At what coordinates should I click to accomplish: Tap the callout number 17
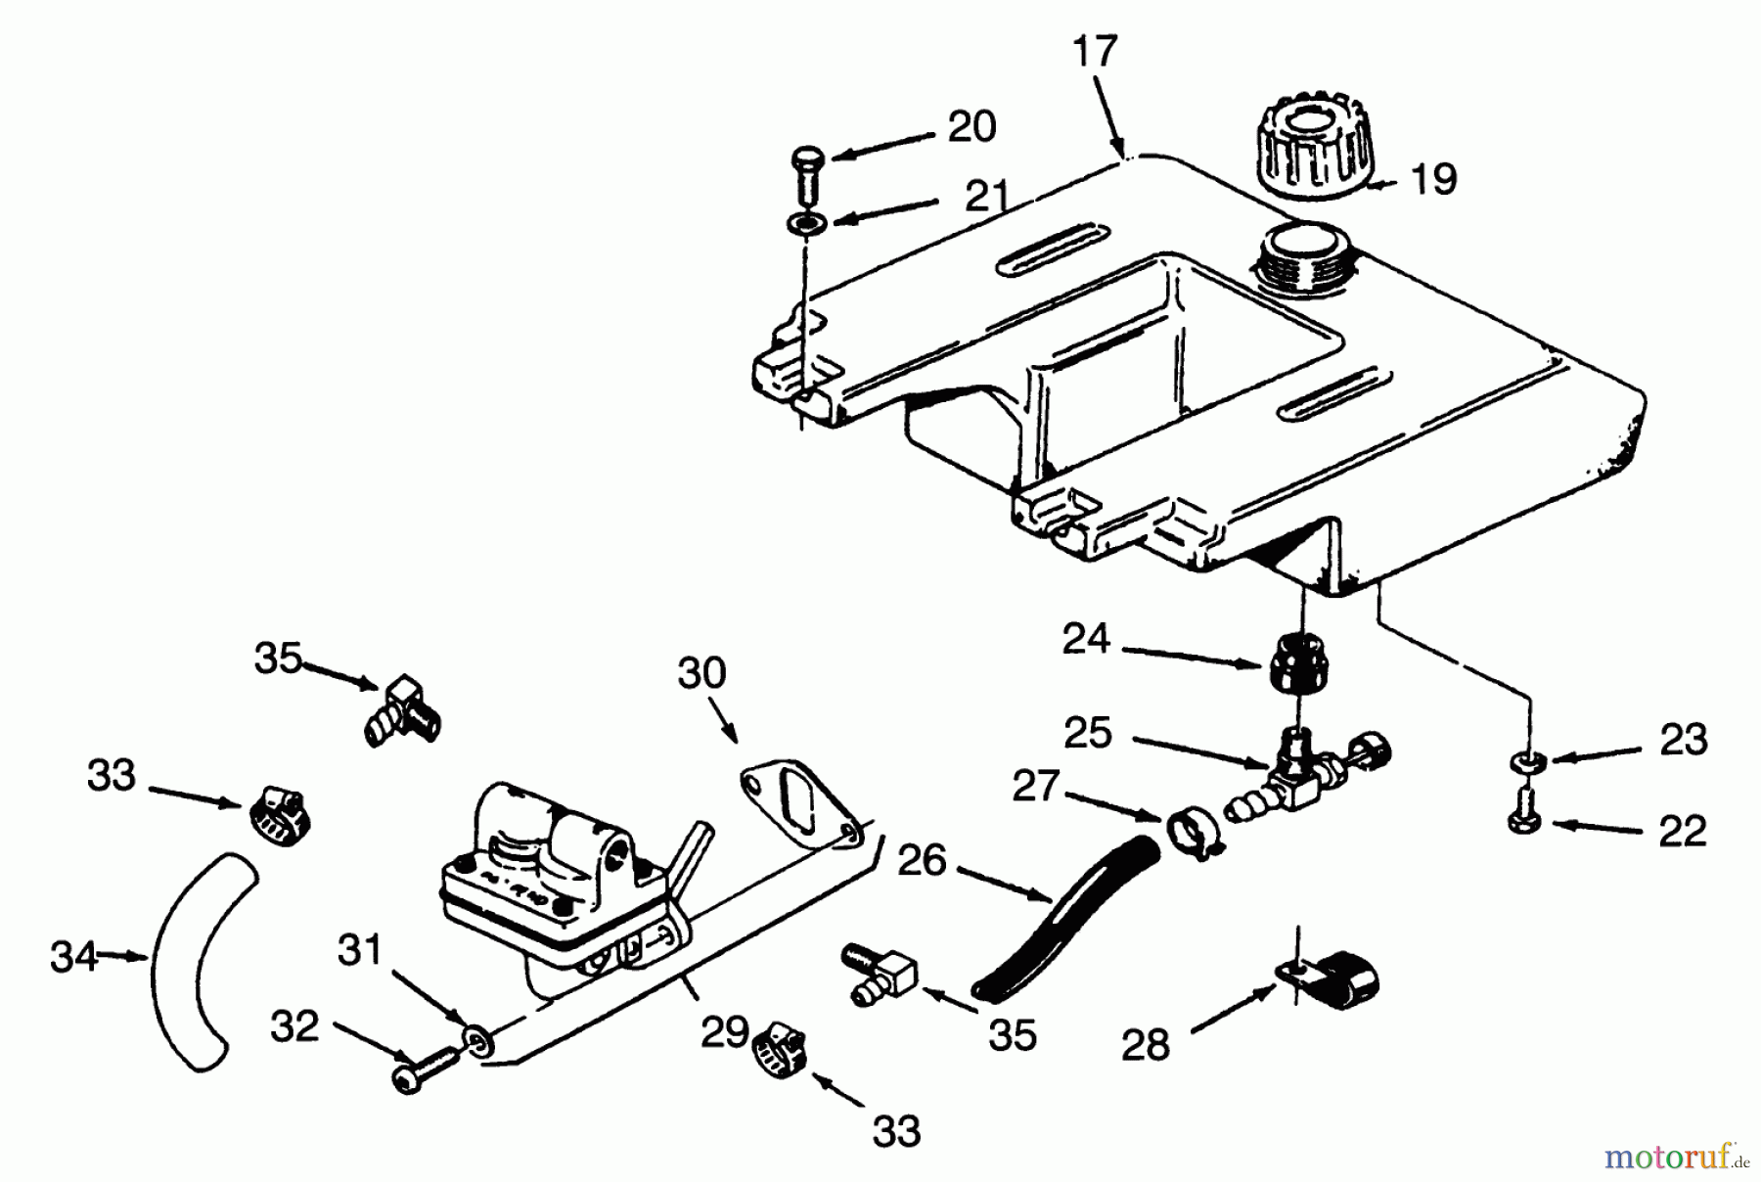click(1094, 51)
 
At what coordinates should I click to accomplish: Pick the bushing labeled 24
click(1298, 661)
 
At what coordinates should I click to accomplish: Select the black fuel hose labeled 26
click(1066, 915)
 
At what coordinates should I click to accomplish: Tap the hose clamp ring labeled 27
click(1190, 832)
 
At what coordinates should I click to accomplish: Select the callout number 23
click(1683, 741)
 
